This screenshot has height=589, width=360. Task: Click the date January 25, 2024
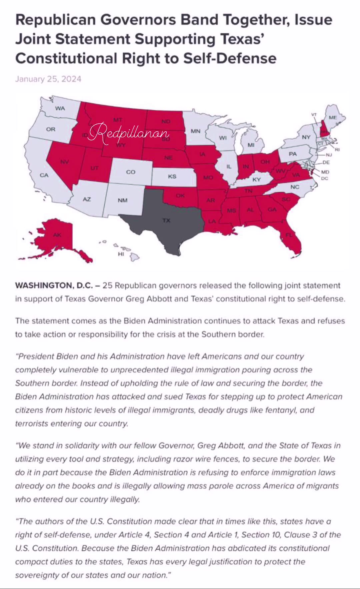pyautogui.click(x=48, y=79)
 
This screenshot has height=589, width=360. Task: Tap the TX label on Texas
pyautogui.click(x=166, y=220)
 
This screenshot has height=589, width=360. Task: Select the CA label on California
pyautogui.click(x=44, y=175)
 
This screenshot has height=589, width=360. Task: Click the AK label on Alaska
pyautogui.click(x=57, y=235)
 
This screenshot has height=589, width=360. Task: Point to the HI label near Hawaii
pyautogui.click(x=121, y=254)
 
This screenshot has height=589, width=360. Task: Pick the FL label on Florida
pyautogui.click(x=289, y=235)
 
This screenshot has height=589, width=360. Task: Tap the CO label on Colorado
pyautogui.click(x=131, y=172)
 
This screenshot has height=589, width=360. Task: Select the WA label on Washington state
pyautogui.click(x=60, y=108)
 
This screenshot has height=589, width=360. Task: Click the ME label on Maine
pyautogui.click(x=333, y=117)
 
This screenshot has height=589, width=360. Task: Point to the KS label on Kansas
pyautogui.click(x=172, y=176)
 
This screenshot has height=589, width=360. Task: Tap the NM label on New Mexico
pyautogui.click(x=122, y=200)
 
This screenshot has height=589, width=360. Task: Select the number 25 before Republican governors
pyautogui.click(x=107, y=285)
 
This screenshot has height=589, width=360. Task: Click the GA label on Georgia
pyautogui.click(x=272, y=209)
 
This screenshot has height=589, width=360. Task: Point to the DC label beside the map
pyautogui.click(x=324, y=178)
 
